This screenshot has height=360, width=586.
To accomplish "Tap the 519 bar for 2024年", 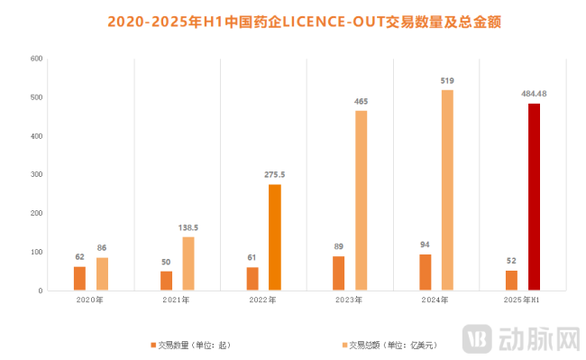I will pyautogui.click(x=447, y=190).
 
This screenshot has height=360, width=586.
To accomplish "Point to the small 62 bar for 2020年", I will pyautogui.click(x=79, y=278).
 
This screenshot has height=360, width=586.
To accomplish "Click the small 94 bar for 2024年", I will pyautogui.click(x=426, y=272).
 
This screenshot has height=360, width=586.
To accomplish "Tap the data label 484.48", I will pyautogui.click(x=535, y=93).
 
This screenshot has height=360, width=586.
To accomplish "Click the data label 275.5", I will pyautogui.click(x=274, y=174).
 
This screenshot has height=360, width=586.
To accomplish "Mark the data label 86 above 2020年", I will pyautogui.click(x=101, y=247).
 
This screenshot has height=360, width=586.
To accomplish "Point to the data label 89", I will pyautogui.click(x=339, y=246).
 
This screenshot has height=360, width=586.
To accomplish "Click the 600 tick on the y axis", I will pyautogui.click(x=37, y=59).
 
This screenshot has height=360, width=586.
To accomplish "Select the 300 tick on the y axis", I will pyautogui.click(x=37, y=174).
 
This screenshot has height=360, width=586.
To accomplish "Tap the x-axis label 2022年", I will pyautogui.click(x=263, y=299).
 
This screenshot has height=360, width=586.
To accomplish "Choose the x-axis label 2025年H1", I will pyautogui.click(x=523, y=299).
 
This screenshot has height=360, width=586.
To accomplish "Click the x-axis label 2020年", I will pyautogui.click(x=90, y=299).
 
